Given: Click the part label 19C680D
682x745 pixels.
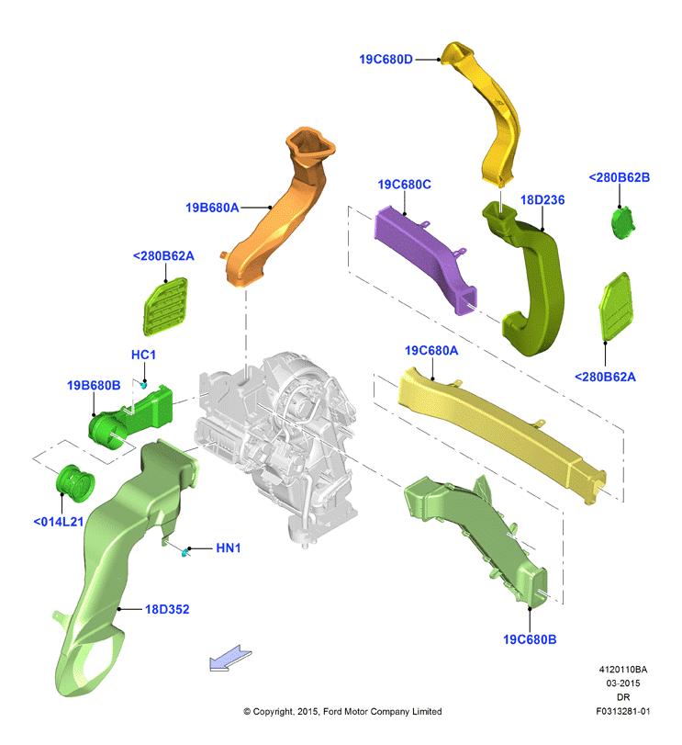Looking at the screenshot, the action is point(386,60).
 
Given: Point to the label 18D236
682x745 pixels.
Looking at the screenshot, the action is point(542,200).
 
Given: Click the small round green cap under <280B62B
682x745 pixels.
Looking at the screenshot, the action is point(622,222).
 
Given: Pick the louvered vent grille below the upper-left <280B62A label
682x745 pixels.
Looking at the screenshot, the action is point(165,307).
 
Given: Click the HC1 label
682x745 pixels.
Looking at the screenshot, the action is point(143,355).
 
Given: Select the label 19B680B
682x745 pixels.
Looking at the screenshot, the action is point(94,385).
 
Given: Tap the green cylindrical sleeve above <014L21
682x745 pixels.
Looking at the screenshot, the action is point(75,483).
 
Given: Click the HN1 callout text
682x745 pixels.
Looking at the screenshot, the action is point(229,548).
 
